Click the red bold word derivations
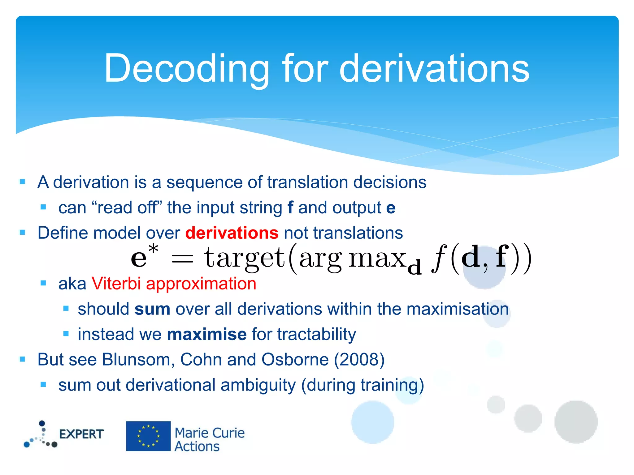pyautogui.click(x=232, y=233)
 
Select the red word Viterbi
pyautogui.click(x=116, y=284)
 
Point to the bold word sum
pyautogui.click(x=152, y=309)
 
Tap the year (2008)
pyautogui.click(x=359, y=360)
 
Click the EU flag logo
pyautogui.click(x=148, y=436)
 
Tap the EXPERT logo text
pyautogui.click(x=81, y=434)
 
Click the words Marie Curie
pyautogui.click(x=210, y=433)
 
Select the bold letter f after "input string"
pyautogui.click(x=290, y=208)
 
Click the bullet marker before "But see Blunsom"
pyautogui.click(x=22, y=359)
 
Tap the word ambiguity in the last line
pyautogui.click(x=258, y=385)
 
